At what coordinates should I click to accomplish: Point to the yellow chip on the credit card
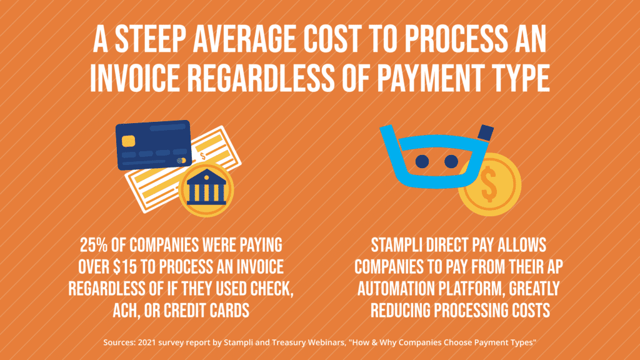(x=129, y=140)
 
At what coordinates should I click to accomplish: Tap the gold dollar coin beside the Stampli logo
(x=489, y=186)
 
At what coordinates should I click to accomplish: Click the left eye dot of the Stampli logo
(x=422, y=162)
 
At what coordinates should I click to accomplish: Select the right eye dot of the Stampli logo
(x=451, y=162)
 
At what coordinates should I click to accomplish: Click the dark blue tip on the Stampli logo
(x=484, y=132)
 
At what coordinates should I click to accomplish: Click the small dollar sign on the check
(x=202, y=156)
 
